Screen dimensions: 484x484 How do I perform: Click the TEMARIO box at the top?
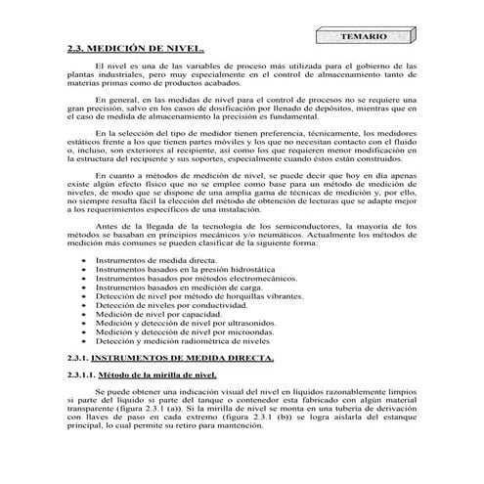click(361, 36)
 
